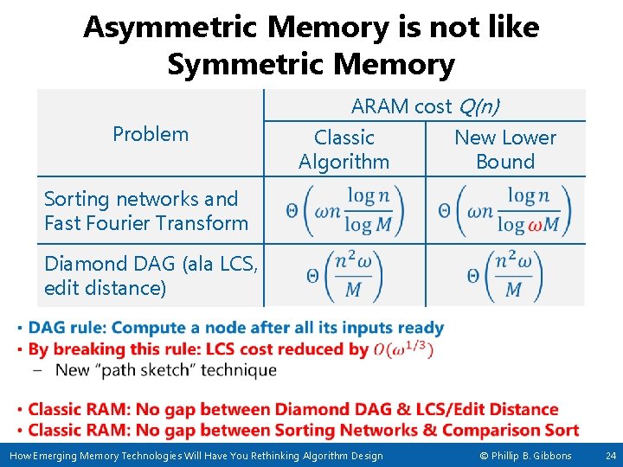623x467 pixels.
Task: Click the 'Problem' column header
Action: click(151, 134)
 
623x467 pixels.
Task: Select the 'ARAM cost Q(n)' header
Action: click(425, 106)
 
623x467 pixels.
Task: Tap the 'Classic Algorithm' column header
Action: click(344, 150)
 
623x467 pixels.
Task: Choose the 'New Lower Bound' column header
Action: click(505, 150)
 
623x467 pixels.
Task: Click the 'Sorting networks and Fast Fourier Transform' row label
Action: click(146, 211)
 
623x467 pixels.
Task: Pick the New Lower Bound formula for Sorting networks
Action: click(506, 210)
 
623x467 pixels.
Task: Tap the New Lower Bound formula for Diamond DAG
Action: click(506, 276)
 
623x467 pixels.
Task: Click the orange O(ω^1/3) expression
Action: click(403, 349)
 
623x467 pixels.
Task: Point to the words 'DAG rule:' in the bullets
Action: click(67, 328)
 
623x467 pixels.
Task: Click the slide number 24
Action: click(610, 456)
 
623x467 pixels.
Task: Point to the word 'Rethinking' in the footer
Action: click(254, 456)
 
